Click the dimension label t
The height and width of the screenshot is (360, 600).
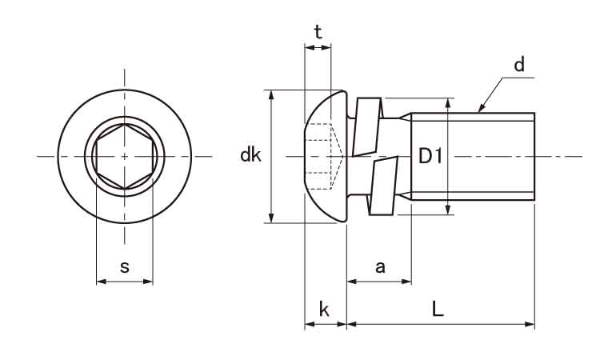[x=318, y=33]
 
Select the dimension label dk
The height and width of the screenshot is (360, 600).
[x=250, y=155]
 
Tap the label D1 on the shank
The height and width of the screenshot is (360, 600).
[x=430, y=156]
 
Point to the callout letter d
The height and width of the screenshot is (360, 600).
[x=519, y=65]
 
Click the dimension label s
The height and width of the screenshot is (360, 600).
[x=124, y=267]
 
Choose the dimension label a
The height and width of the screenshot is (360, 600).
[x=380, y=267]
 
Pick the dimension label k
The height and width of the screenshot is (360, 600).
[x=324, y=309]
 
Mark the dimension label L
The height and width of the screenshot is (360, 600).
[x=438, y=308]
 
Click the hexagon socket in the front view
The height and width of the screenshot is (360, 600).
[x=124, y=157]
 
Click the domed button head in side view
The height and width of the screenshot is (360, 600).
[x=326, y=157]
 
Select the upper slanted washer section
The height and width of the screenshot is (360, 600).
[x=367, y=127]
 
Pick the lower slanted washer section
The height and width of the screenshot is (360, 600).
[x=383, y=186]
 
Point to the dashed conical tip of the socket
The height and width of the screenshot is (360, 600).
[x=335, y=156]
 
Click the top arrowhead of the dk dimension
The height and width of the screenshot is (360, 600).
[x=271, y=95]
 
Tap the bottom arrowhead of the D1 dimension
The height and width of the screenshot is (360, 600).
[x=449, y=210]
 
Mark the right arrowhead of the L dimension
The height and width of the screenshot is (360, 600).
[x=530, y=325]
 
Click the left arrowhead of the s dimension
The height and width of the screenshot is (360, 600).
[x=101, y=282]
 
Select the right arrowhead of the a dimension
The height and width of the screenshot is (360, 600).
[x=406, y=282]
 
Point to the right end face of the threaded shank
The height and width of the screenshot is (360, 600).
[x=534, y=157]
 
